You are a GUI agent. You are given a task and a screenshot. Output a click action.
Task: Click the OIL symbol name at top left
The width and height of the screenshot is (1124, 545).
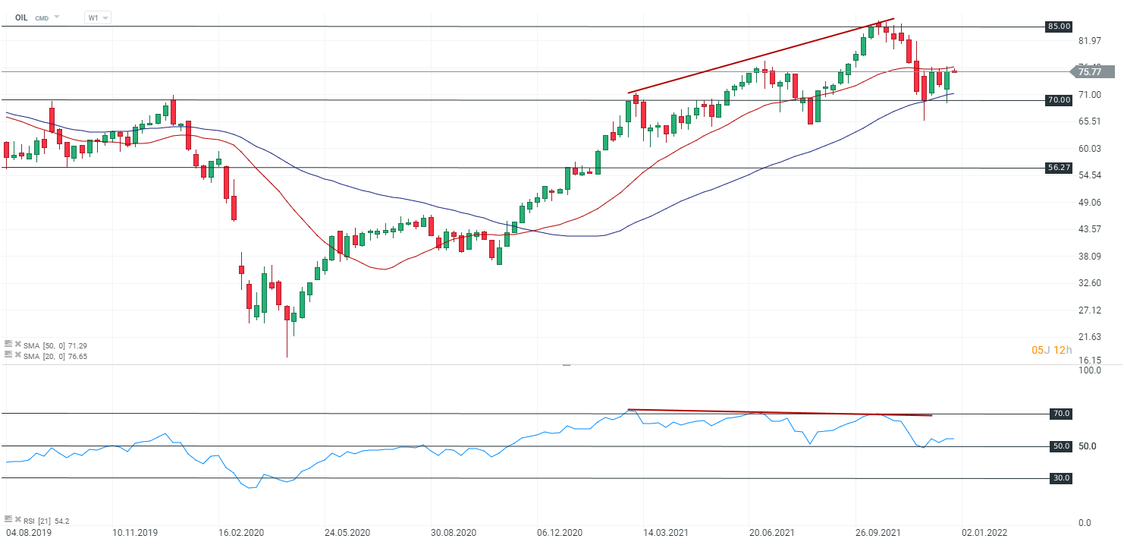(21, 17)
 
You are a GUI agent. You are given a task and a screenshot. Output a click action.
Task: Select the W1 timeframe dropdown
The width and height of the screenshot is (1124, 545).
(97, 17)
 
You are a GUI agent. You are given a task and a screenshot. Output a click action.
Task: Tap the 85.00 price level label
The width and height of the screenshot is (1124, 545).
(1059, 27)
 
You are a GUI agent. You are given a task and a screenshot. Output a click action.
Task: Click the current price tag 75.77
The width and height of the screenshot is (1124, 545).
(1090, 72)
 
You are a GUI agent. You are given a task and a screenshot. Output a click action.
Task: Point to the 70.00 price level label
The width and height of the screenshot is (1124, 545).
(1059, 99)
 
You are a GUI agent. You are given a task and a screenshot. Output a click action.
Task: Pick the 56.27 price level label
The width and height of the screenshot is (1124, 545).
(1059, 168)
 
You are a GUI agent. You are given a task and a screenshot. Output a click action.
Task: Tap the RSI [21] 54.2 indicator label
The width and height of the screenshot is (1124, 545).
(48, 520)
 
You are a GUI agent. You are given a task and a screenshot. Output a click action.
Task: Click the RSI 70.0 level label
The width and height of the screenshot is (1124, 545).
(1061, 414)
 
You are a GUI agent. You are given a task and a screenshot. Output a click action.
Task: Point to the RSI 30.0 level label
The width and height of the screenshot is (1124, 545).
(1061, 478)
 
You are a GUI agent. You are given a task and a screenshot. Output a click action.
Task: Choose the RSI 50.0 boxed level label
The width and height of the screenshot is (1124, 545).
(1061, 446)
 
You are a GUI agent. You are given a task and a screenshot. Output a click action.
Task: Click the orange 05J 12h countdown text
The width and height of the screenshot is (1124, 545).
(1052, 350)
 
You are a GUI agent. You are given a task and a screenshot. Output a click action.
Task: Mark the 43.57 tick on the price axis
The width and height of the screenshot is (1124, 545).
(1089, 229)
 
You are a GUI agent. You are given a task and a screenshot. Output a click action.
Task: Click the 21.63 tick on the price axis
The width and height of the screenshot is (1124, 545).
(1089, 337)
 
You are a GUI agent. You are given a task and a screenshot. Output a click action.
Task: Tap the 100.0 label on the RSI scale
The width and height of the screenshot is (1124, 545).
(1089, 370)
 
